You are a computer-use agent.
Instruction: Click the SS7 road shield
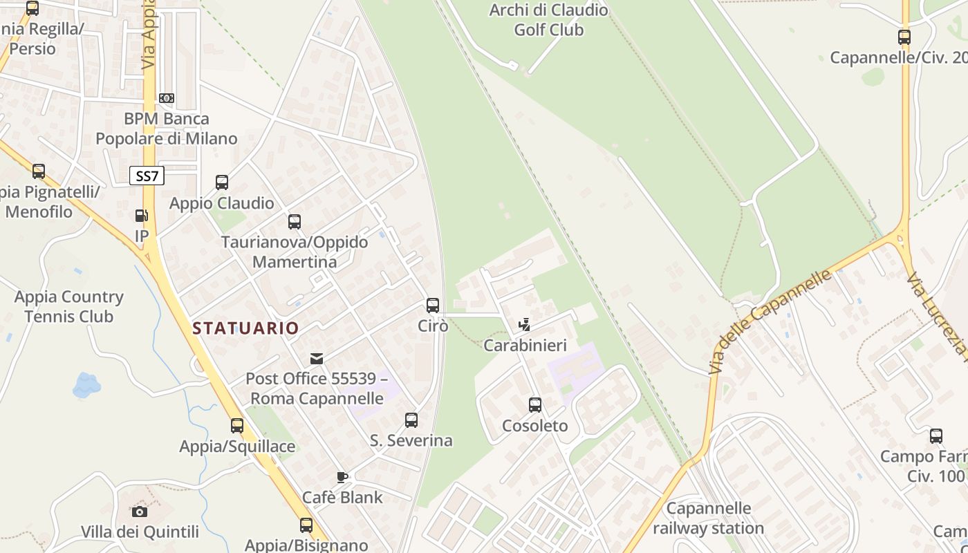[147, 176]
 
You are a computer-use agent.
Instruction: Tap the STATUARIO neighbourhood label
[245, 328]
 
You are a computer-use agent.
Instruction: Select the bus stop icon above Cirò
[433, 305]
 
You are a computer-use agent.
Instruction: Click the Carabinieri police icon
[525, 324]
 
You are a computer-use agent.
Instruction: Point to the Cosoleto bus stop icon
[535, 405]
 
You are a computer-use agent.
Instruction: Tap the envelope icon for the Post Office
[317, 358]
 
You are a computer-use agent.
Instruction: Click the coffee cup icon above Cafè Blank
[342, 477]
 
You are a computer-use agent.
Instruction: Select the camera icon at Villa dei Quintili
[140, 512]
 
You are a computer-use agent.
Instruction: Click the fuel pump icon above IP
[142, 216]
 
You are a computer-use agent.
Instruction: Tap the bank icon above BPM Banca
[166, 98]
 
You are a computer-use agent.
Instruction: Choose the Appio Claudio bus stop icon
[222, 182]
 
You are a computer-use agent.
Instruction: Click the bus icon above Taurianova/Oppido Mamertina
[295, 222]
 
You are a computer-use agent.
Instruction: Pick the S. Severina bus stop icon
[411, 420]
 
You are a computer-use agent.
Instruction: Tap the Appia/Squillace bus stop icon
[237, 426]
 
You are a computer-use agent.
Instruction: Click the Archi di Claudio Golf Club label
[549, 20]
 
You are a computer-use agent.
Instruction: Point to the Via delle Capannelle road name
[770, 321]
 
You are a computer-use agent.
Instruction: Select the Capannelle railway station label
[709, 518]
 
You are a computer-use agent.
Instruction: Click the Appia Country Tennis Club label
[69, 307]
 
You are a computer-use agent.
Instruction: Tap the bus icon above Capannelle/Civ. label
[904, 37]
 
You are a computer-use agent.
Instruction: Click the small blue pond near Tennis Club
[86, 385]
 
